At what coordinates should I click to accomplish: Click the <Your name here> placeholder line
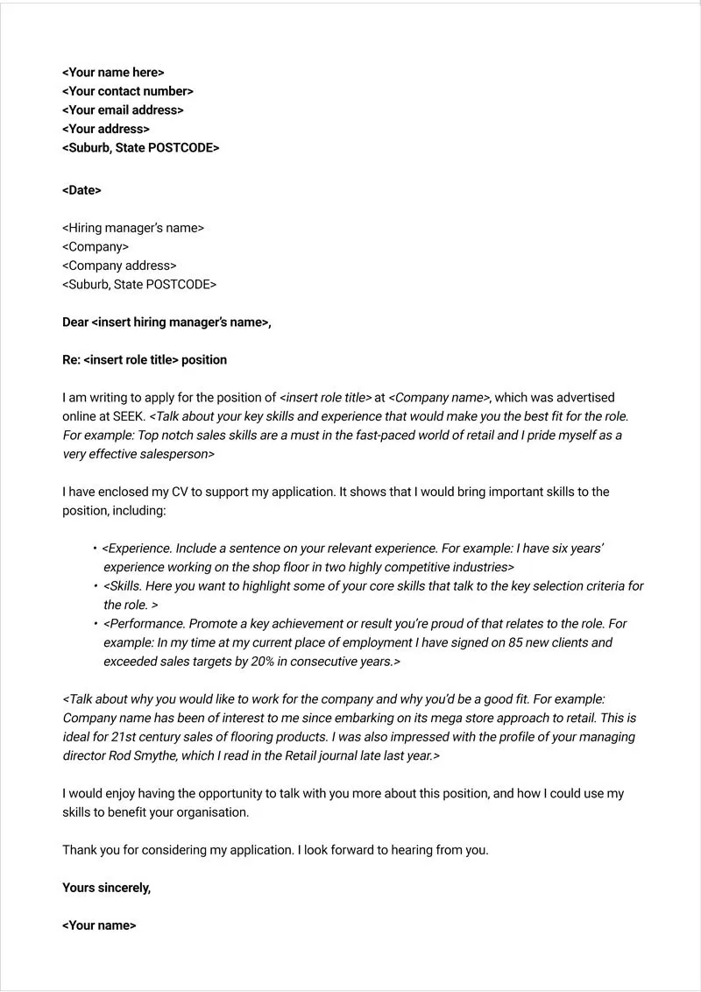coord(112,73)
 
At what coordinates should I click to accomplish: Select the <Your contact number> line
coord(127,91)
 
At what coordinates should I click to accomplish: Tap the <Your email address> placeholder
coord(123,110)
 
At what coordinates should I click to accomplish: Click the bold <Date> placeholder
coord(81,190)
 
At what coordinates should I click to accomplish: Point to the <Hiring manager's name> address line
coord(132,228)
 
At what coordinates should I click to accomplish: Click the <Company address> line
coord(119,266)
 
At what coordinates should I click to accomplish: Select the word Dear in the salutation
coord(75,322)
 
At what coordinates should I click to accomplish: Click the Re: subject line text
coord(144,360)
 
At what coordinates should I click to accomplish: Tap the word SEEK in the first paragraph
coord(128,416)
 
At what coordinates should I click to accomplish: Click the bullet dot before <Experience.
coord(95,549)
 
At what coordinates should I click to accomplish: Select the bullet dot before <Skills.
coord(95,586)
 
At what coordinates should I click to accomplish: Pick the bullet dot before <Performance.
coord(95,624)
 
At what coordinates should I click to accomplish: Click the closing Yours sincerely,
coord(106,888)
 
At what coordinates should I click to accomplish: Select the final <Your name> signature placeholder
coord(99,925)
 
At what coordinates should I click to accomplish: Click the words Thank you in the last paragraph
coord(87,850)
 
